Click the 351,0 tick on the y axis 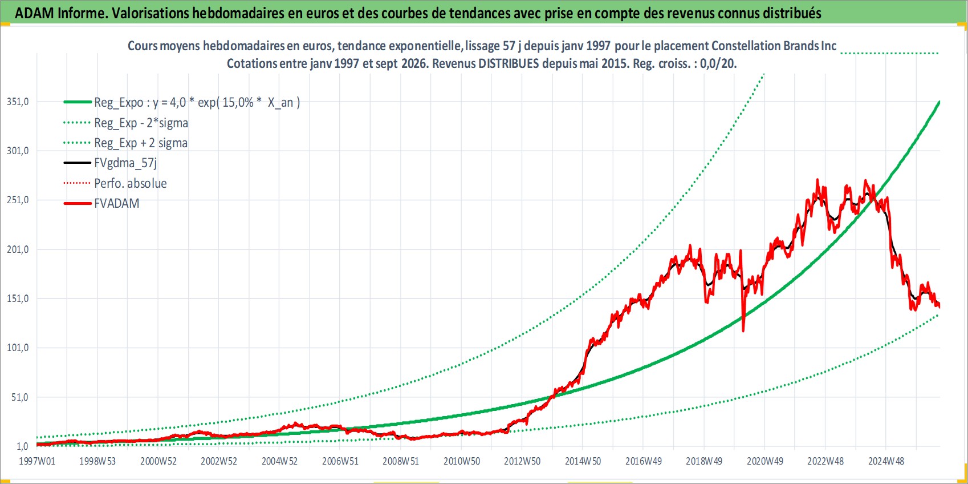pyautogui.click(x=18, y=102)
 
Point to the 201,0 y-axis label pyautogui.click(x=18, y=249)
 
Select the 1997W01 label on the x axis pyautogui.click(x=37, y=461)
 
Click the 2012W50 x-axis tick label pyautogui.click(x=522, y=461)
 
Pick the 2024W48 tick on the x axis pyautogui.click(x=886, y=461)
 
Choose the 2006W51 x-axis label pyautogui.click(x=340, y=461)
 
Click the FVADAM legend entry pyautogui.click(x=117, y=203)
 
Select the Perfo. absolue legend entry pyautogui.click(x=131, y=183)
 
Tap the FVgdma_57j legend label pyautogui.click(x=125, y=163)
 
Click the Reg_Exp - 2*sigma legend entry pyautogui.click(x=141, y=123)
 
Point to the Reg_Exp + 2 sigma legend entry pyautogui.click(x=141, y=143)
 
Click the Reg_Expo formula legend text pyautogui.click(x=197, y=103)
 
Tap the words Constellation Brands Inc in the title pyautogui.click(x=774, y=46)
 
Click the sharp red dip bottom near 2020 pyautogui.click(x=743, y=331)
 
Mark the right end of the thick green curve pyautogui.click(x=939, y=102)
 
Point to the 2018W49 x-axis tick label pyautogui.click(x=704, y=461)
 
